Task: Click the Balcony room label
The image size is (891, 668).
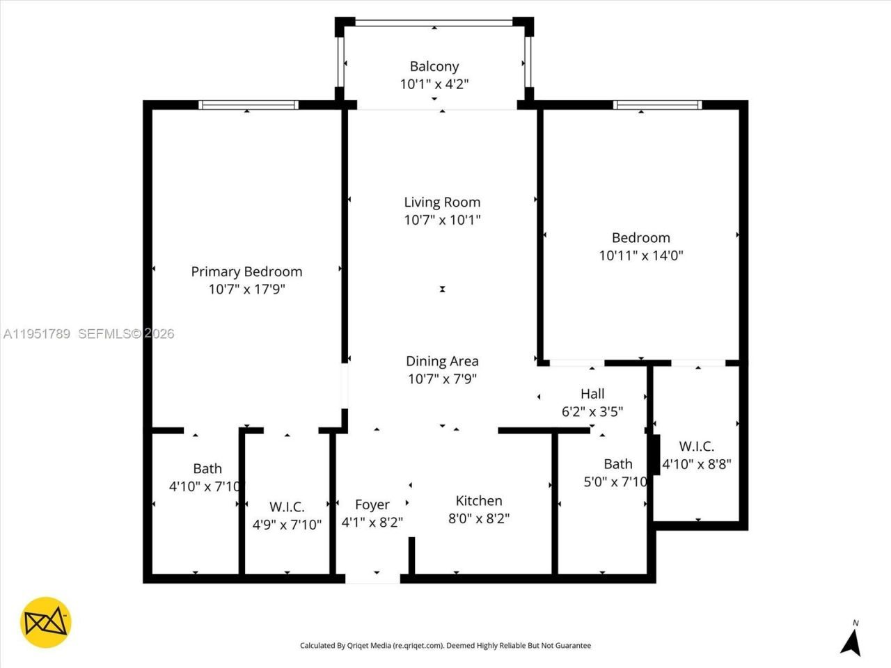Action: coord(434,67)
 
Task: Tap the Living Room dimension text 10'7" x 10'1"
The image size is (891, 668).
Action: coord(442,220)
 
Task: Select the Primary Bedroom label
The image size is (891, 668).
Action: coord(246,271)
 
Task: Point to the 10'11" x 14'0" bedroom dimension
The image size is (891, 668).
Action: coord(640,255)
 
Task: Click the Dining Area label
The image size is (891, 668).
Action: coord(442,361)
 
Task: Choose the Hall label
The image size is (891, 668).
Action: coord(592,394)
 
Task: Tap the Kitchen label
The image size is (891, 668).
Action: coord(479,501)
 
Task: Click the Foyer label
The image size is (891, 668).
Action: coord(372,504)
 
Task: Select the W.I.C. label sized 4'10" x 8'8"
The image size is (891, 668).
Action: coord(696,447)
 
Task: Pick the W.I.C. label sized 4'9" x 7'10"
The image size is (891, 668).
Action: coord(287,507)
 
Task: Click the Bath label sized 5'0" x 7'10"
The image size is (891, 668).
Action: coord(618,464)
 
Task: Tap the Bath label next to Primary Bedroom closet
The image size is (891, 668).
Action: coord(207,469)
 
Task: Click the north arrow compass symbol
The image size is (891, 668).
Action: coord(851,639)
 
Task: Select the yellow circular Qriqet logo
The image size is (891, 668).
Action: coord(46,622)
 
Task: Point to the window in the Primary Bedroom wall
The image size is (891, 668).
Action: coord(248,105)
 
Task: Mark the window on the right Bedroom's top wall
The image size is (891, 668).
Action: coord(657,105)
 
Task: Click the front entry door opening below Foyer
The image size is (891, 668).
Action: coord(373,578)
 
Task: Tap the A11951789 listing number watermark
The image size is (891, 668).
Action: coord(37,334)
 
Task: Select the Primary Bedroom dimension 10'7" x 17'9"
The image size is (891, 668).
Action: coord(246,289)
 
